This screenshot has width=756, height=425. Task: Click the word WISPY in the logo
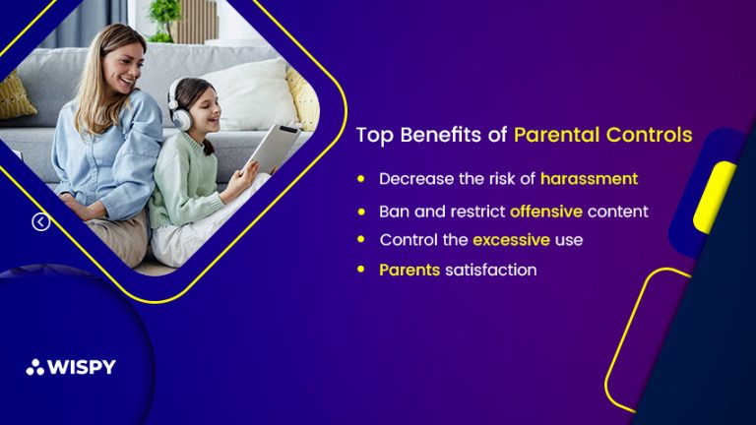tap(82, 367)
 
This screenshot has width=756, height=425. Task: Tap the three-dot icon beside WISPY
tap(35, 367)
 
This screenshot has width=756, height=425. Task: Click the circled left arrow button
tap(41, 221)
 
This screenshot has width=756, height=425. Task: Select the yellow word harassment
tap(590, 179)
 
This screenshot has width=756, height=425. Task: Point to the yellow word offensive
tap(546, 212)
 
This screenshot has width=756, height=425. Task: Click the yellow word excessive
tap(511, 239)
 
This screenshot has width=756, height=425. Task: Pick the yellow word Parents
tap(409, 270)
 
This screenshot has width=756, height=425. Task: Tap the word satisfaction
tap(491, 270)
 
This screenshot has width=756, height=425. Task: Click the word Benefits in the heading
tap(441, 135)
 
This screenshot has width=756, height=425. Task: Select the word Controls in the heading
tap(650, 135)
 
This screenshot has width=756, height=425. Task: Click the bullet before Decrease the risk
tap(361, 179)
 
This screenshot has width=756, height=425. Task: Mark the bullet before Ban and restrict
tap(361, 212)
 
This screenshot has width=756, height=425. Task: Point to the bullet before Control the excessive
tap(361, 239)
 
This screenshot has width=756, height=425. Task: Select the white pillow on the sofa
tap(251, 94)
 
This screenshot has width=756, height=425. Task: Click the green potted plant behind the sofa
tap(164, 21)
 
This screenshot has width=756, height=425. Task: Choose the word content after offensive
tap(617, 212)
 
